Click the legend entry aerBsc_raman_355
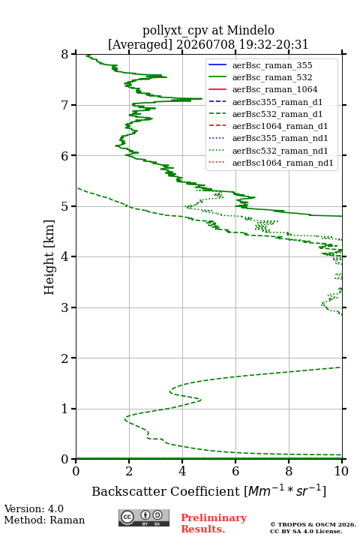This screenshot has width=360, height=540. tap(272, 65)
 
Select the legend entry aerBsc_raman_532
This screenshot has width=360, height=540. tap(272, 77)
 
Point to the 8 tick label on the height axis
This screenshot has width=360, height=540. tap(64, 54)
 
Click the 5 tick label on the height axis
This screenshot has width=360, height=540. tap(64, 206)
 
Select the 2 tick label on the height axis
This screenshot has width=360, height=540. tap(64, 358)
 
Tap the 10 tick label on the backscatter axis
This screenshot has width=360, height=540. tap(341, 471)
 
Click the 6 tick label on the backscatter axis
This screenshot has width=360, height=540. tap(235, 471)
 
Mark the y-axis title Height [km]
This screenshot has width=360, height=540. tap(49, 257)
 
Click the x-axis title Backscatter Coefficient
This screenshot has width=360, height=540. tap(165, 491)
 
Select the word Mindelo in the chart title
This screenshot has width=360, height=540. tap(250, 30)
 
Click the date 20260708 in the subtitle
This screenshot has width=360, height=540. tap(205, 44)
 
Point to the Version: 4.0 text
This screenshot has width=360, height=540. tap(34, 508)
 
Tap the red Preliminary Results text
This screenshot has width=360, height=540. tap(214, 523)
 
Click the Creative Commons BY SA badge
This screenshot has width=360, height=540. tap(144, 517)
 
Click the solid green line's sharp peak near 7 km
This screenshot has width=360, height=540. tap(202, 99)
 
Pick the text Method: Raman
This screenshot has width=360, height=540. tap(44, 520)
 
